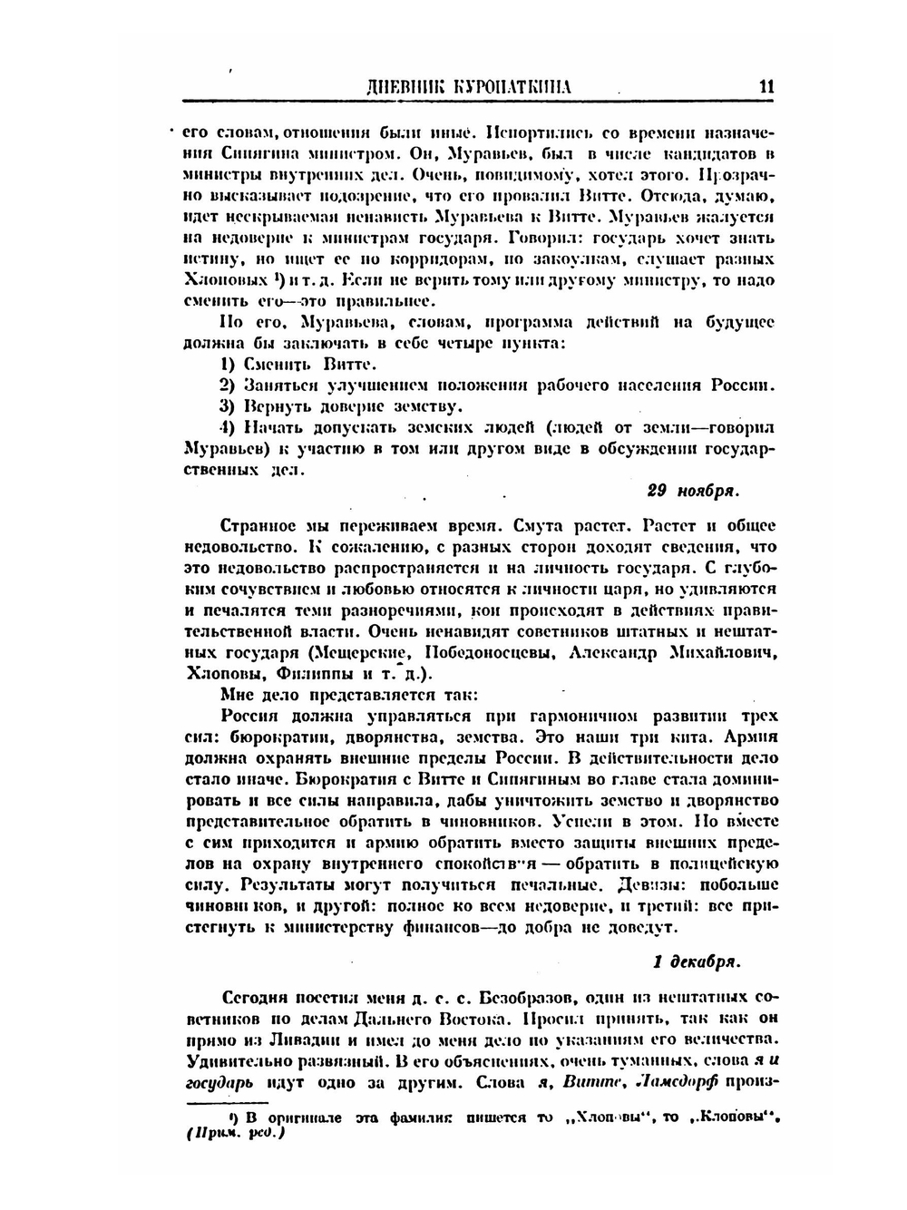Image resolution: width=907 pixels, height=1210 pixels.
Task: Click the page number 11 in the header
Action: coord(766,88)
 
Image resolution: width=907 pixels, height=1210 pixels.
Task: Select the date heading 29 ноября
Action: coord(694,491)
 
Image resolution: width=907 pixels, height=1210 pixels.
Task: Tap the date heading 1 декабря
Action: coord(697,961)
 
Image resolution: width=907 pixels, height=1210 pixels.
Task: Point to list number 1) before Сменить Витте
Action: coord(229,365)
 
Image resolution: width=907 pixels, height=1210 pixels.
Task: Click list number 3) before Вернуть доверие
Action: coord(229,405)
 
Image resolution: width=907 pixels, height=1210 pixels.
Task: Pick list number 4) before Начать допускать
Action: coord(229,426)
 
